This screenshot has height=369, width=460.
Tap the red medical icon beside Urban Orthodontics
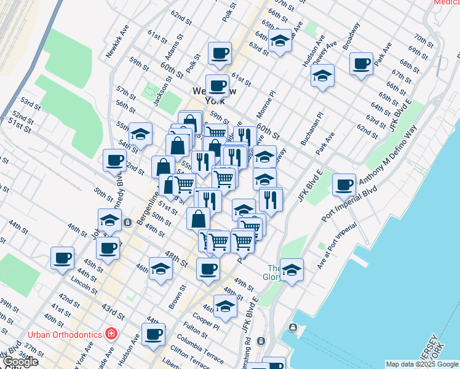click(x=111, y=334)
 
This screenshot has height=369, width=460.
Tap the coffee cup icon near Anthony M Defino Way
click(x=344, y=184)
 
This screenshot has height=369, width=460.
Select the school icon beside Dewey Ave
click(x=322, y=76)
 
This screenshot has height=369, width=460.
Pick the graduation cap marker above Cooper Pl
click(x=226, y=306)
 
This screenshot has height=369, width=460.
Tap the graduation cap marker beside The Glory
click(x=291, y=269)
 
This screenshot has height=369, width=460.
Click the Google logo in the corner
click(x=20, y=362)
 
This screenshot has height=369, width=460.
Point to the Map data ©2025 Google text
click(x=422, y=364)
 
